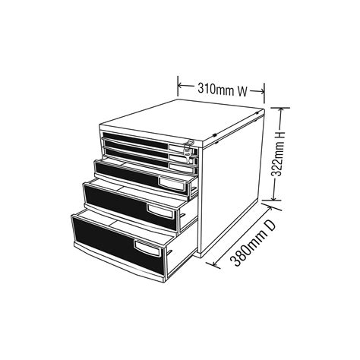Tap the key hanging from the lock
pos(188,158)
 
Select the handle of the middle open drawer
pos(159,211)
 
